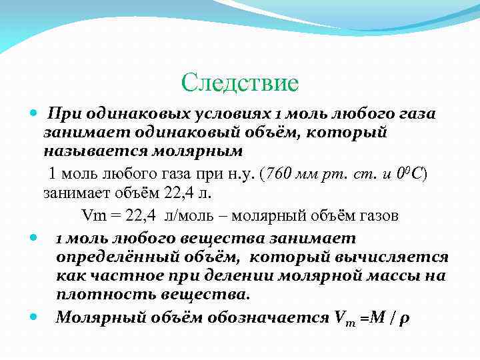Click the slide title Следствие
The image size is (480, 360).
click(240, 83)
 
